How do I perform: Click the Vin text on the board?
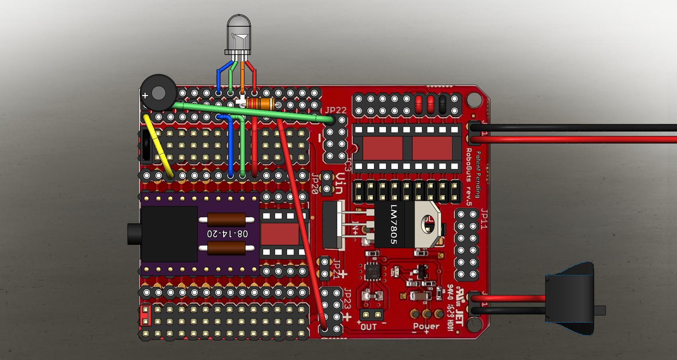pyautogui.click(x=339, y=184)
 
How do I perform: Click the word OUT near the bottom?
pyautogui.click(x=368, y=327)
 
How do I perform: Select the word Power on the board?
pyautogui.click(x=426, y=327)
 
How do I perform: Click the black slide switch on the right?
pyautogui.click(x=571, y=299)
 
